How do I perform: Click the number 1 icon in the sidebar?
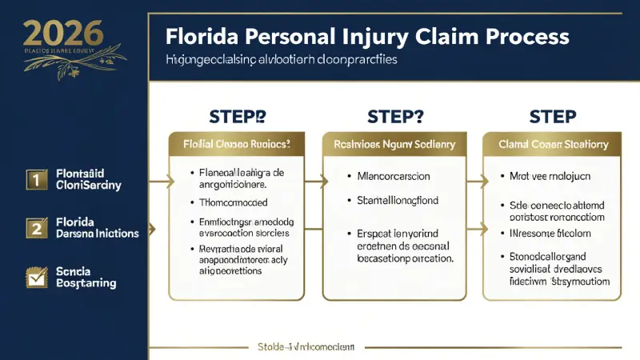[34, 180]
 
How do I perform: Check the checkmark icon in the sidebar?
[34, 278]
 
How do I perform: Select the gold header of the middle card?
[394, 145]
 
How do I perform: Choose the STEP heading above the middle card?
[394, 116]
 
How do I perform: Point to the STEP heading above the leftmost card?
[237, 116]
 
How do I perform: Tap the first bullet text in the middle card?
[393, 176]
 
